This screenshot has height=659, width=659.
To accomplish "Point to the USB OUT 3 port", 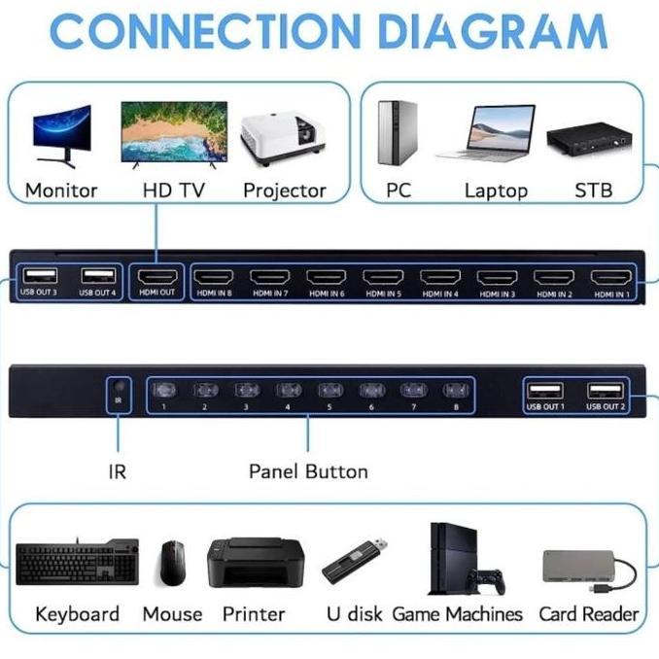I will pos(41,276).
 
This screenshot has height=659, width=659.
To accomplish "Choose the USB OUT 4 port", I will pos(98,276).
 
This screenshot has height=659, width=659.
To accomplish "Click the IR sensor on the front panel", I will pos(119,389).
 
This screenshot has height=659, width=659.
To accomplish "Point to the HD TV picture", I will pos(174,134).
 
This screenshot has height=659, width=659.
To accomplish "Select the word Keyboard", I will pos(77,614).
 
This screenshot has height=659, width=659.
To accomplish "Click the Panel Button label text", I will pos(308,472).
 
